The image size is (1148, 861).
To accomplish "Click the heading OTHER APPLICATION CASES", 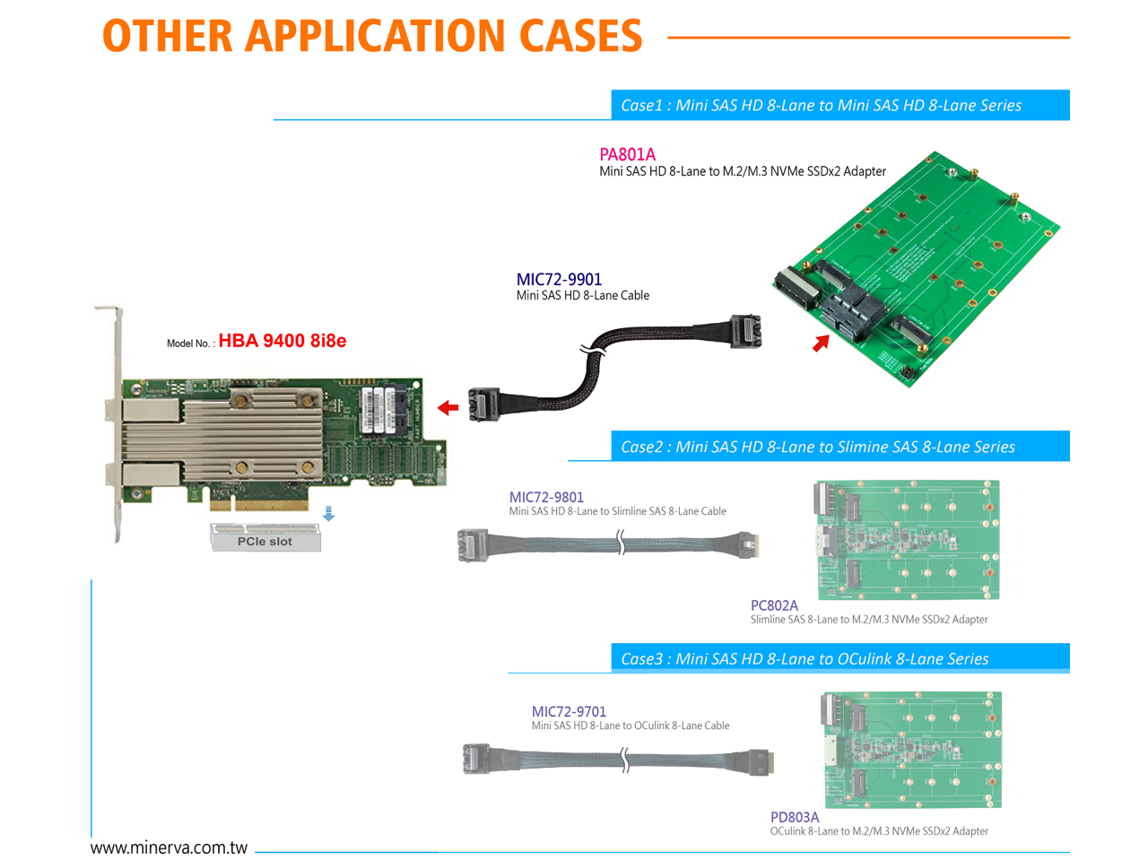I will [372, 36].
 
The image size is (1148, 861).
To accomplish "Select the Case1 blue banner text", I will [821, 105].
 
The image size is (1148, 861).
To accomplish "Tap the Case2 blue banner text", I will [817, 447].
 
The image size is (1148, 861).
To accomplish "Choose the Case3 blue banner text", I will [804, 658].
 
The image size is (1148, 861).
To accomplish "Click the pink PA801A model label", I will [627, 154].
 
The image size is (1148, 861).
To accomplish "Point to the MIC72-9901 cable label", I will [559, 279].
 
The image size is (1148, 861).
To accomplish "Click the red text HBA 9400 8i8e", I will [282, 341].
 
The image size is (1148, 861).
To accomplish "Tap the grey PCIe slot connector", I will [265, 536].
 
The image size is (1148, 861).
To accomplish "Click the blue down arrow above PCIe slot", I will [328, 513].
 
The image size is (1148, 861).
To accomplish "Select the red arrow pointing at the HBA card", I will [448, 408].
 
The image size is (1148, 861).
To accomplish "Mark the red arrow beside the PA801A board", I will [821, 343].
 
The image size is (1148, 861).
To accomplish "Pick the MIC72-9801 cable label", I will [546, 497].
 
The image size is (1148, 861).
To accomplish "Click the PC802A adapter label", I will [774, 605].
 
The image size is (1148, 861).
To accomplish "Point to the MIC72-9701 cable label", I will [569, 711].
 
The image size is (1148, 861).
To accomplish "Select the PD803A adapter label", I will [795, 817].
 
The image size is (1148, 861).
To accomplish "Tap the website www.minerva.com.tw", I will [169, 848].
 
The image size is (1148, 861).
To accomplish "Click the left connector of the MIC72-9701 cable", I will [476, 759].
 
